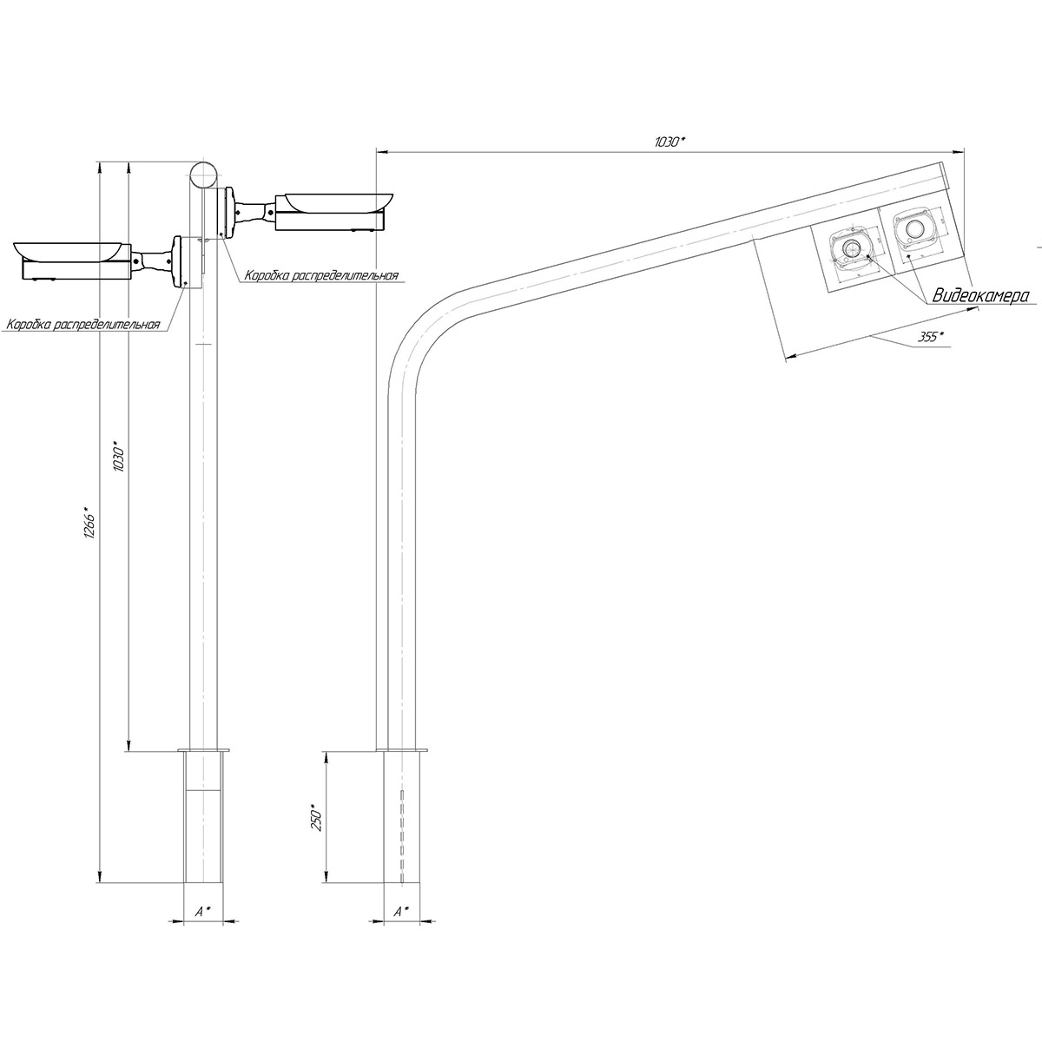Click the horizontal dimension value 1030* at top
(669, 142)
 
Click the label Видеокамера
(980, 295)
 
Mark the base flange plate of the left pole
(203, 750)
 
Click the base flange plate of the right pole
(401, 750)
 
